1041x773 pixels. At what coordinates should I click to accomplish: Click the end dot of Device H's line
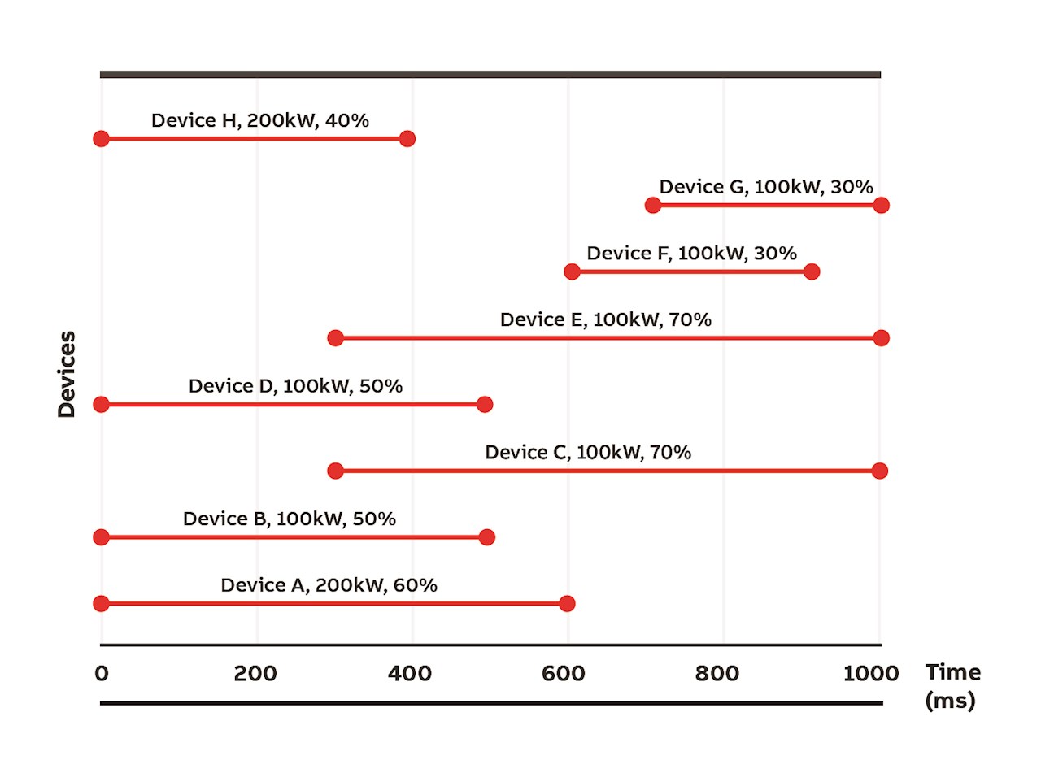pyautogui.click(x=407, y=138)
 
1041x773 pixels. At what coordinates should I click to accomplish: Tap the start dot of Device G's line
pyautogui.click(x=652, y=205)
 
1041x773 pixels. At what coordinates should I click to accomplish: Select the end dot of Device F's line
pyautogui.click(x=811, y=271)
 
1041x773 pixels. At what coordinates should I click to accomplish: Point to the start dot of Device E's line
pyautogui.click(x=335, y=337)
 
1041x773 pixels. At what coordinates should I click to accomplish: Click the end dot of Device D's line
pyautogui.click(x=485, y=404)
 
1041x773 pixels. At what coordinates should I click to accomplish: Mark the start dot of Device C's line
pyautogui.click(x=335, y=471)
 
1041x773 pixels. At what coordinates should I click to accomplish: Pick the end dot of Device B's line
pyautogui.click(x=486, y=536)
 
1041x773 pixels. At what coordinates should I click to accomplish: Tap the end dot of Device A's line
pyautogui.click(x=567, y=603)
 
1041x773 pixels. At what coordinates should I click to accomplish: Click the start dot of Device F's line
pyautogui.click(x=572, y=271)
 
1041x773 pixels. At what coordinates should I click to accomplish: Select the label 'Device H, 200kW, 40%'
pyautogui.click(x=260, y=120)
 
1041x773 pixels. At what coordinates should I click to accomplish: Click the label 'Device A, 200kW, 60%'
pyautogui.click(x=329, y=585)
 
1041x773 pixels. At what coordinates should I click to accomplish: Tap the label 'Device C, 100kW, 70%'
pyautogui.click(x=588, y=453)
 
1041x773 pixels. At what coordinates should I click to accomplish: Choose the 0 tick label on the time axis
pyautogui.click(x=101, y=674)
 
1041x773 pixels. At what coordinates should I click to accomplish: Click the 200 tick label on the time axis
pyautogui.click(x=256, y=674)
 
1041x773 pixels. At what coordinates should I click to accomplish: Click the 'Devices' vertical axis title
pyautogui.click(x=67, y=374)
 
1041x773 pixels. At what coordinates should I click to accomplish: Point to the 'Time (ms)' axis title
pyautogui.click(x=952, y=686)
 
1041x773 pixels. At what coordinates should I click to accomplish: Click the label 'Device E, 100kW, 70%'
pyautogui.click(x=606, y=319)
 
